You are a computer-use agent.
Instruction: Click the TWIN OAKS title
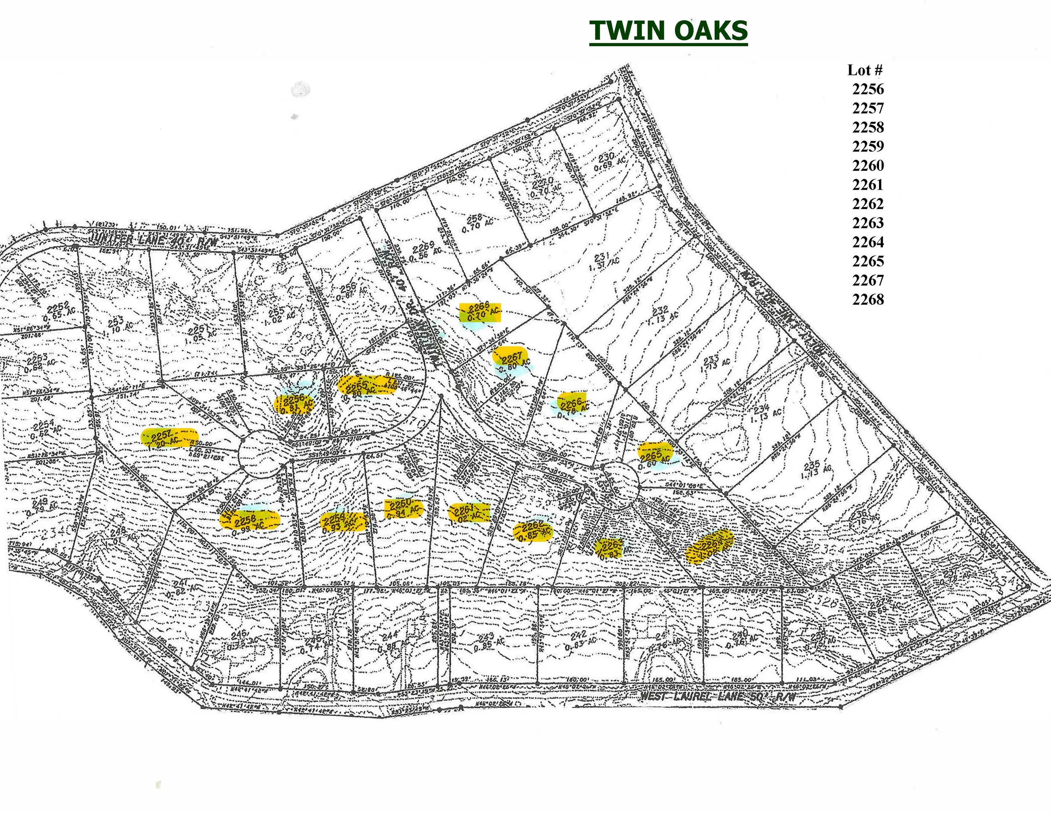click(x=668, y=31)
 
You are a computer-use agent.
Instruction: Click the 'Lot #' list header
click(x=865, y=70)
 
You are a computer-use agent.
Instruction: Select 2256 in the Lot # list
click(x=868, y=89)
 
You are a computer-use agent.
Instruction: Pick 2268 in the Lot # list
click(x=868, y=300)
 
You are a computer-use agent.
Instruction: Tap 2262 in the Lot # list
click(x=868, y=204)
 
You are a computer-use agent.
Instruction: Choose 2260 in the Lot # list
click(x=868, y=166)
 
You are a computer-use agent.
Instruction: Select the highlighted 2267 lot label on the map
click(x=512, y=359)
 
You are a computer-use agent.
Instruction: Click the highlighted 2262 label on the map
click(x=532, y=530)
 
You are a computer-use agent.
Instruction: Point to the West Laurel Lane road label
click(x=717, y=697)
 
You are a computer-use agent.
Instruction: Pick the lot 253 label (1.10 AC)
click(x=114, y=325)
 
